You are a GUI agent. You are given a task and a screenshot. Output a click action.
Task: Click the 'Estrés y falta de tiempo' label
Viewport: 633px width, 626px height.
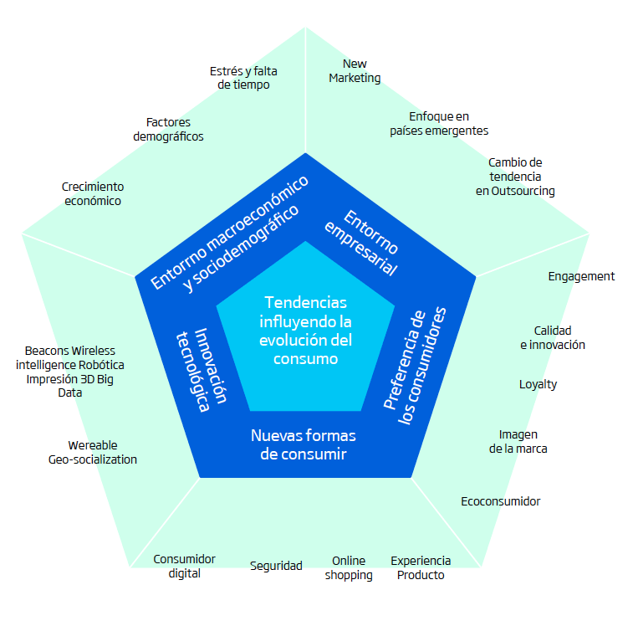(243, 78)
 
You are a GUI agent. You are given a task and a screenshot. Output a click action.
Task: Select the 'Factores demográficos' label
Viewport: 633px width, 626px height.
(168, 130)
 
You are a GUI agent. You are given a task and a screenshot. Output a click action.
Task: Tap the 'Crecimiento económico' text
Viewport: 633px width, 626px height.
(93, 193)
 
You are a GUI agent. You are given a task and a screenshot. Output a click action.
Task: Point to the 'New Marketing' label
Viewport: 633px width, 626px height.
(355, 71)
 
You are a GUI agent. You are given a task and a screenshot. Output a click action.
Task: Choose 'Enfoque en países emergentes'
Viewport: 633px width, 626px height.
(439, 123)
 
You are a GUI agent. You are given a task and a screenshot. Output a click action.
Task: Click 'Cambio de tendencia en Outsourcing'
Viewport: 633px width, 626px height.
(515, 177)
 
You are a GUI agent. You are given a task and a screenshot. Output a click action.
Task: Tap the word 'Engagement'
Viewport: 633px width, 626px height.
(581, 276)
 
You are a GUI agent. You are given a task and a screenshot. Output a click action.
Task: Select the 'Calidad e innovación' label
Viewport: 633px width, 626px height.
(553, 337)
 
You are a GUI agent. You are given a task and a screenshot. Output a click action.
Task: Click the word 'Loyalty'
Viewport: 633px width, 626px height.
(539, 384)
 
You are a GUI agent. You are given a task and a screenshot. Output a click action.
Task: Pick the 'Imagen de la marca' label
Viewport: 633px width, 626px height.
(518, 441)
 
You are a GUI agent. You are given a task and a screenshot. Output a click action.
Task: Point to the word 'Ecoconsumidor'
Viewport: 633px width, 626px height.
(501, 501)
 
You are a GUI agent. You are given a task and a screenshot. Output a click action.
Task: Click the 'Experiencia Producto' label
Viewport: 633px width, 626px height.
(421, 567)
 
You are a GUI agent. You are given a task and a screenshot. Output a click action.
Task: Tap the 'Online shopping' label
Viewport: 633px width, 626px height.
(349, 567)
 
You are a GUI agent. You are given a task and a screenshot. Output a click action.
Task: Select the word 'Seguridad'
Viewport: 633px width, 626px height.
(276, 566)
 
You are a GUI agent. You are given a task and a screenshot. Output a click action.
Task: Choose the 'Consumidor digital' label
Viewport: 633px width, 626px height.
(185, 567)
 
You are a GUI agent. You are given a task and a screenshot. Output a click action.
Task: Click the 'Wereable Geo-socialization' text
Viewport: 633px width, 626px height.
(93, 452)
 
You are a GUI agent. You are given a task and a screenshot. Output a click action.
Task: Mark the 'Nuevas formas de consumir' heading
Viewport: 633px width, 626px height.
(304, 444)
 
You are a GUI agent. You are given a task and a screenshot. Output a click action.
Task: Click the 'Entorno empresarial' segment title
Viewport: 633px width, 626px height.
(361, 243)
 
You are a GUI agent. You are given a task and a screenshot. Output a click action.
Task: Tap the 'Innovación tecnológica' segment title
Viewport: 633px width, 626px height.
(202, 369)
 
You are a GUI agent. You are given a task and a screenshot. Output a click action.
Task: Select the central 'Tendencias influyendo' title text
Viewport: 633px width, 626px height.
(305, 331)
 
